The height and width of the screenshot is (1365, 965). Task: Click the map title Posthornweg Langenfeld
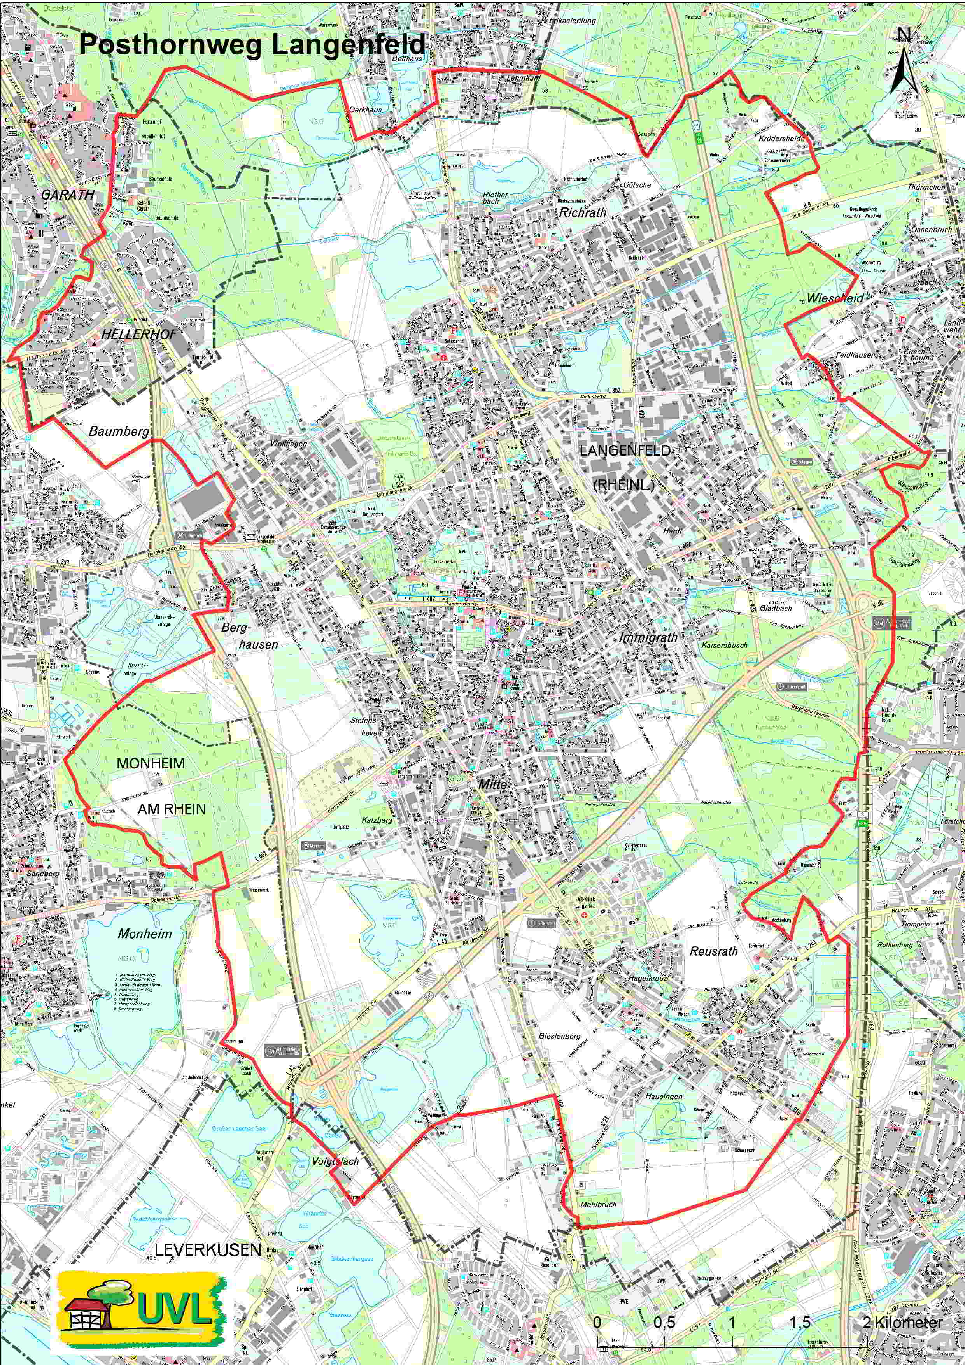pyautogui.click(x=252, y=45)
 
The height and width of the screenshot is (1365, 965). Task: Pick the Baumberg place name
pyautogui.click(x=119, y=431)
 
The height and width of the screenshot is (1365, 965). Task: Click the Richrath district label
pyautogui.click(x=583, y=212)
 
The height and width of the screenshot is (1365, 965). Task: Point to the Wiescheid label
pyautogui.click(x=835, y=298)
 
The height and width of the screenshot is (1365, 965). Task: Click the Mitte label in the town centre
pyautogui.click(x=492, y=784)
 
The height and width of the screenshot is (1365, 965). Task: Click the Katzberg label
pyautogui.click(x=377, y=820)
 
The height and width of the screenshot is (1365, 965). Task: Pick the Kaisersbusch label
pyautogui.click(x=724, y=645)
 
